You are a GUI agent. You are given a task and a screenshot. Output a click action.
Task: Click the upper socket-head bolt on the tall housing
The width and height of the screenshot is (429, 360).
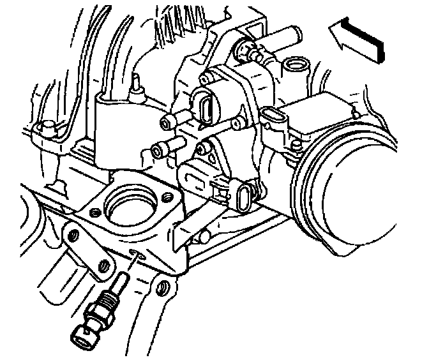[x=167, y=121]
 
